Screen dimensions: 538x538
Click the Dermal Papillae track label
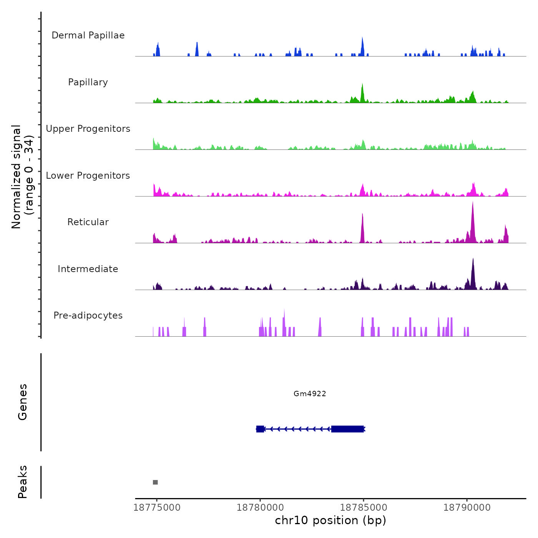88,35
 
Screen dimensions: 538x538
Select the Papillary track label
88,82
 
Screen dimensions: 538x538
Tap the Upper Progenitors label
88,129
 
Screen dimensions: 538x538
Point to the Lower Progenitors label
88,176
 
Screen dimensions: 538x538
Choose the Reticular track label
88,222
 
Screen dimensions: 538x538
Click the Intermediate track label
88,269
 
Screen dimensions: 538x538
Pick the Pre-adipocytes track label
88,315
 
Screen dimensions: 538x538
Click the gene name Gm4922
310,394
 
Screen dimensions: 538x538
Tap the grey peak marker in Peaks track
155,482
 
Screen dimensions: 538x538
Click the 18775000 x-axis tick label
157,508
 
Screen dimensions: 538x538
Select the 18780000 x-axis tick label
260,508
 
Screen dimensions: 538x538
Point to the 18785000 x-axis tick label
364,508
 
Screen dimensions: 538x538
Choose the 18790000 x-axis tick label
467,508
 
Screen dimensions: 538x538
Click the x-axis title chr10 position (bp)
330,520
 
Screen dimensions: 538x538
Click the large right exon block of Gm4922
347,429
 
